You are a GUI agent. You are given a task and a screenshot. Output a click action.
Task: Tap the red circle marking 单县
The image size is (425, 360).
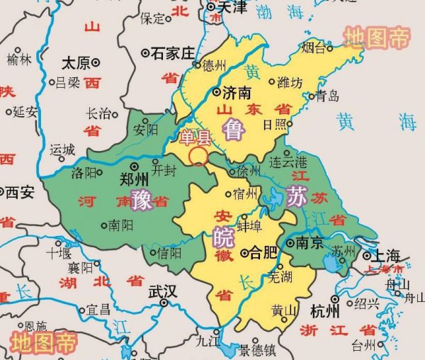click(199, 156)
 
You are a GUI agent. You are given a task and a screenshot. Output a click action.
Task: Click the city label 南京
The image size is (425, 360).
click(310, 243)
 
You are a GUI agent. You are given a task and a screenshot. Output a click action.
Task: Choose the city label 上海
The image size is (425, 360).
click(385, 256)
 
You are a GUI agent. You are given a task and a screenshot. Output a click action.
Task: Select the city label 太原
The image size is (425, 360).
click(75, 62)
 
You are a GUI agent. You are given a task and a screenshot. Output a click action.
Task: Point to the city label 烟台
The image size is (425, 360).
click(315, 48)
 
